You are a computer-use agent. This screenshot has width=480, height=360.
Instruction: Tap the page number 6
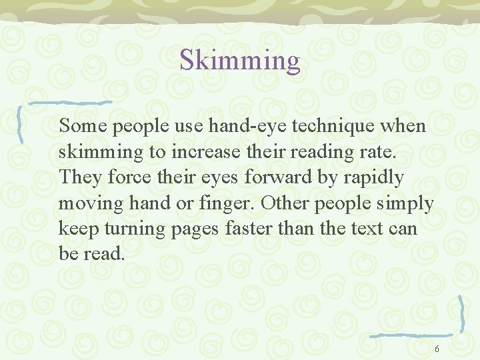(437, 349)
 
